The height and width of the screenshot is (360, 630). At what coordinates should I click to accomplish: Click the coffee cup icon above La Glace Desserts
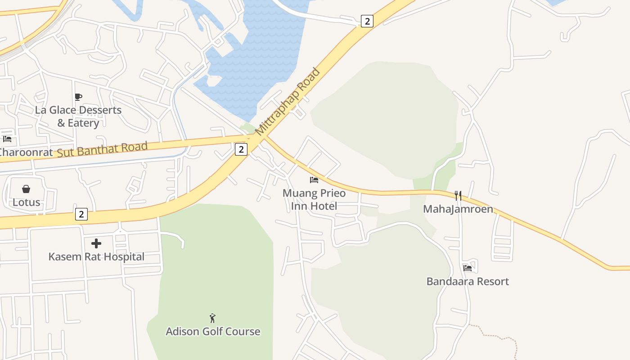tap(78, 97)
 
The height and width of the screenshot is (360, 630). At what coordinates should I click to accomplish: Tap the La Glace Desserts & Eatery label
tap(78, 117)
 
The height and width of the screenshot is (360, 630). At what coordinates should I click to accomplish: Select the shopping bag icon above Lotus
tap(26, 189)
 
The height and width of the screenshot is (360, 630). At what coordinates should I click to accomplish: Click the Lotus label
tap(26, 202)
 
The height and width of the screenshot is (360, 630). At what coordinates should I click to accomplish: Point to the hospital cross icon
tap(96, 243)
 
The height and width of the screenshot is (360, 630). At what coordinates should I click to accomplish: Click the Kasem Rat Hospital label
tap(96, 257)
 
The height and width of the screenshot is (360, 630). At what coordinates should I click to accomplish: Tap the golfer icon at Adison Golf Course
tap(213, 318)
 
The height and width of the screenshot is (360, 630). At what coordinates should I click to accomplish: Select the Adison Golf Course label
tap(213, 332)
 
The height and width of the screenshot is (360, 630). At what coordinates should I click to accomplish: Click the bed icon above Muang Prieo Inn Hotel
tap(314, 180)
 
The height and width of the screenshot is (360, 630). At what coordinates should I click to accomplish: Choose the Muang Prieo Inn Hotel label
tap(314, 200)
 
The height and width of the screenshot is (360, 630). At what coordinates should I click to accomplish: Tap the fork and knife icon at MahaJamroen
tap(458, 195)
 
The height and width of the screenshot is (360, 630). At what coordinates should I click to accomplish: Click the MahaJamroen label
tap(458, 209)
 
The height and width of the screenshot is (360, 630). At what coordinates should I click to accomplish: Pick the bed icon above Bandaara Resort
tap(468, 268)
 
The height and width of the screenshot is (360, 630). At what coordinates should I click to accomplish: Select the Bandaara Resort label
tap(468, 282)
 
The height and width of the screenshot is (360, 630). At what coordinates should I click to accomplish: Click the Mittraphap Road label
tap(288, 102)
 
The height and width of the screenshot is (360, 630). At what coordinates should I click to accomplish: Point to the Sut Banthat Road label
tap(102, 149)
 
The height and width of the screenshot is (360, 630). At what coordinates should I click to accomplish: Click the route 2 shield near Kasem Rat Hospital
tap(81, 214)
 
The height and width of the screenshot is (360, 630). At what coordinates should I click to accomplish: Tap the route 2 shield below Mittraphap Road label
tap(241, 149)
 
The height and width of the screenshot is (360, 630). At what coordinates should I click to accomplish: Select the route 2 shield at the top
tap(367, 21)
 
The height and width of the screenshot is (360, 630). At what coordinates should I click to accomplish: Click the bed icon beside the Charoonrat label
tap(7, 139)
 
